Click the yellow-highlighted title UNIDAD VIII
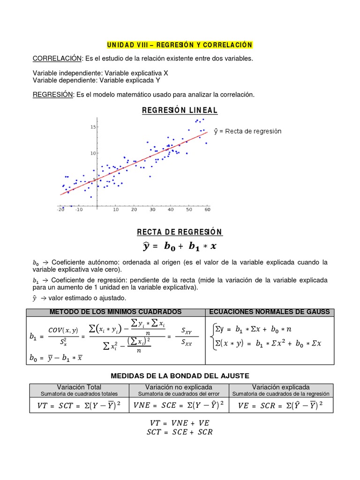[180, 45]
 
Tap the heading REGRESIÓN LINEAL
[180, 111]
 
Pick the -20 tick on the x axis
[60, 210]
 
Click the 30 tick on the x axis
[152, 210]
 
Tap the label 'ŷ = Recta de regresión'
[247, 131]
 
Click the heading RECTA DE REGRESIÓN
[180, 232]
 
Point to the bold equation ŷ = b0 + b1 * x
[180, 246]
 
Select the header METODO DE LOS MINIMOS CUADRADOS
[116, 312]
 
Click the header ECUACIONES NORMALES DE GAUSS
[269, 312]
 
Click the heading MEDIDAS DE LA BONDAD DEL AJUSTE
[180, 376]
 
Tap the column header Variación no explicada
[179, 387]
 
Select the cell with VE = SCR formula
[281, 405]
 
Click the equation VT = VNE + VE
[180, 422]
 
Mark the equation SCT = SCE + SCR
[180, 432]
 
